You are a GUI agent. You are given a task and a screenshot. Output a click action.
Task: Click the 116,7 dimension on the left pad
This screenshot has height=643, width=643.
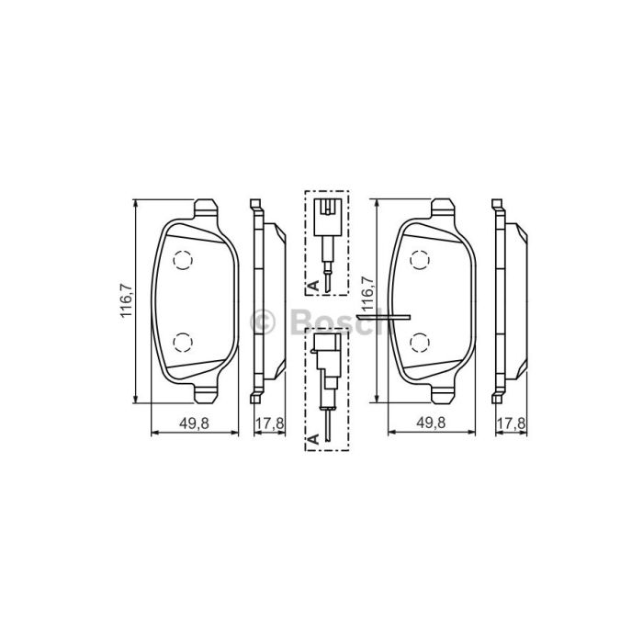coord(126,300)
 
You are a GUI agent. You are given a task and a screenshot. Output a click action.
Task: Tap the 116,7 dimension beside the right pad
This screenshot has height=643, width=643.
coord(367,294)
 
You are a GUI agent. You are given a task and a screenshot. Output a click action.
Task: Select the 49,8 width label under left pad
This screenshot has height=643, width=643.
coord(194,423)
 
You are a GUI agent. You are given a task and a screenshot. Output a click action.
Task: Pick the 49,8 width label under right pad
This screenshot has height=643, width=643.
coord(431,423)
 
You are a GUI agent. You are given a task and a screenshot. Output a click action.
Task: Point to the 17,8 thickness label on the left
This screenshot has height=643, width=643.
coord(269,423)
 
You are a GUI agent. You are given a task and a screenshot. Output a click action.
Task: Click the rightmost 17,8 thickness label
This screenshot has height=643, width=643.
coord(511,423)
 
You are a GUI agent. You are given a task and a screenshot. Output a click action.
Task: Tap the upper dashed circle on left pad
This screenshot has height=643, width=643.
coord(183,260)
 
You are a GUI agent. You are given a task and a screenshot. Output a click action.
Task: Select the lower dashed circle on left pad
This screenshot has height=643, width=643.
coord(183,342)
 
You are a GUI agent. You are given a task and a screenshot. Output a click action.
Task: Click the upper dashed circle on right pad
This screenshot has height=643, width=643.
coord(420,260)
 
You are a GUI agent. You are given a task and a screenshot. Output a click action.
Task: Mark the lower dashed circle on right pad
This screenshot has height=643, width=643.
coord(420,342)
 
